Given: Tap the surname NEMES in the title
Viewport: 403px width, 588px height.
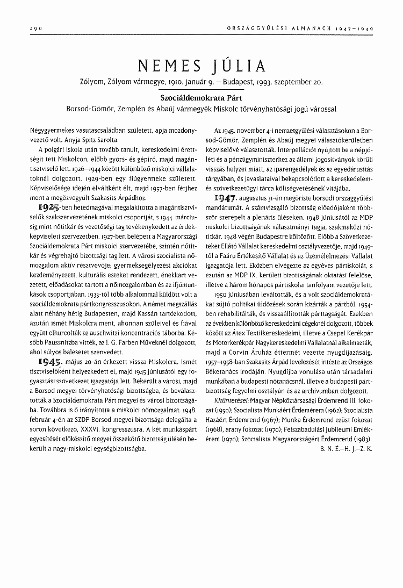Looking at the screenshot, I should (x=169, y=66).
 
